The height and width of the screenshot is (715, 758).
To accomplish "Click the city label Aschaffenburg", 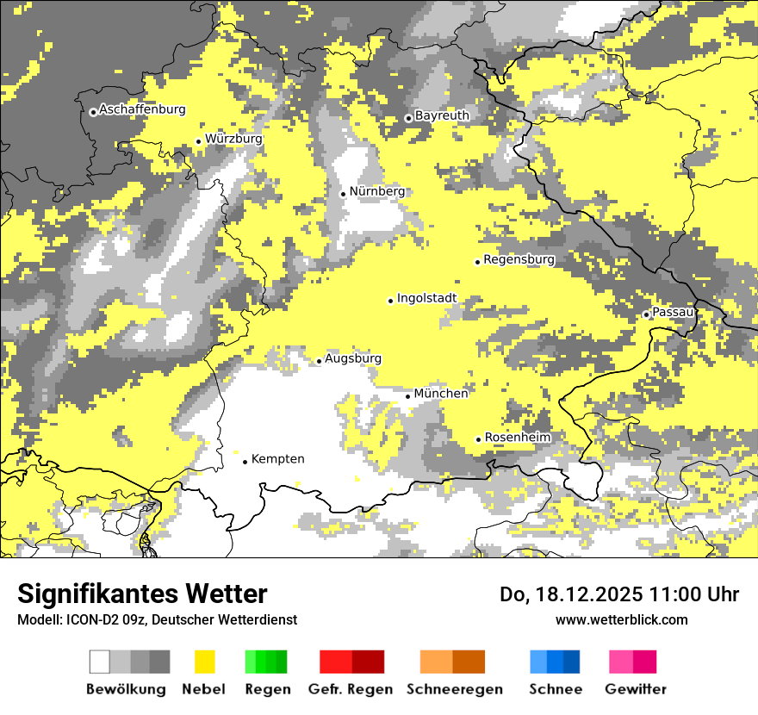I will pyautogui.click(x=142, y=109).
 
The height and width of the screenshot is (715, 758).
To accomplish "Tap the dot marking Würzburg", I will pyautogui.click(x=198, y=141).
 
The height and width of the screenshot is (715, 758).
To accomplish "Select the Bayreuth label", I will pyautogui.click(x=442, y=115).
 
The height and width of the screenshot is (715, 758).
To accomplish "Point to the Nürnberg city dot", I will pyautogui.click(x=343, y=194).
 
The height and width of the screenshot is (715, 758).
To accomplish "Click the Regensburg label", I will pyautogui.click(x=519, y=259).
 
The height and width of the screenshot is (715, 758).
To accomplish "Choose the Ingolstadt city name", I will pyautogui.click(x=426, y=298).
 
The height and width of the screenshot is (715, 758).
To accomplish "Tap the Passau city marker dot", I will pyautogui.click(x=646, y=314).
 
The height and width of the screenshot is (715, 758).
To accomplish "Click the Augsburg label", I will pyautogui.click(x=353, y=358).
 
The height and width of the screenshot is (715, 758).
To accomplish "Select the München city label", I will pyautogui.click(x=441, y=394).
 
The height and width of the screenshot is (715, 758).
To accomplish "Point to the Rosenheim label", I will pyautogui.click(x=517, y=438).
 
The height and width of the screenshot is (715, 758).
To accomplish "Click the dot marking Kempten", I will pyautogui.click(x=245, y=462).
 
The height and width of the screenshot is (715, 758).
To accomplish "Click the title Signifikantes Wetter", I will pyautogui.click(x=142, y=594).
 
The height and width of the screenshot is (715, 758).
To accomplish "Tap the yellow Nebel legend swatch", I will pyautogui.click(x=204, y=662).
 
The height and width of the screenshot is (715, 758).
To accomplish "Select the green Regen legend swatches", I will pyautogui.click(x=266, y=662).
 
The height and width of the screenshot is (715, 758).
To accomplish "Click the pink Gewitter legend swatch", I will pyautogui.click(x=633, y=662).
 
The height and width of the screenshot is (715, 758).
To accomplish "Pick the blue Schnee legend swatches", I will pyautogui.click(x=555, y=662).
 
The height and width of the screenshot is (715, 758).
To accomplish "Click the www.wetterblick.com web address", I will pyautogui.click(x=621, y=619).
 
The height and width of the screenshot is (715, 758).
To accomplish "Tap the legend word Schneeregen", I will pyautogui.click(x=455, y=689).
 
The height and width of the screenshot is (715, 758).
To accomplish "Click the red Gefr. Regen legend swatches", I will pyautogui.click(x=351, y=662).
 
